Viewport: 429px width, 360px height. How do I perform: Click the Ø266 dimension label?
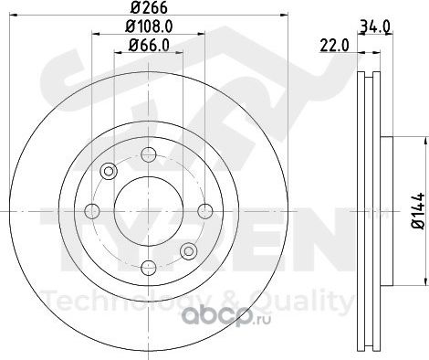[149, 7]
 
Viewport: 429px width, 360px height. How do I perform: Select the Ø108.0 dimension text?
[149, 26]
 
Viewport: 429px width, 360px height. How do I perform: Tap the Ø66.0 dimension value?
[149, 46]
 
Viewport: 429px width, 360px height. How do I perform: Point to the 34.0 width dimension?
[374, 27]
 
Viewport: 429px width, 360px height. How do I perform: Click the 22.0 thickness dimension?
[335, 46]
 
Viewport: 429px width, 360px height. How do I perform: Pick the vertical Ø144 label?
[418, 210]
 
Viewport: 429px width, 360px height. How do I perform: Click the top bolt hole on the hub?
[149, 154]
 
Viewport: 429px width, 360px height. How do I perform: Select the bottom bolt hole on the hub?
[149, 268]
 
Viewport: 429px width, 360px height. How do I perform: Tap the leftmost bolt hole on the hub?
[92, 211]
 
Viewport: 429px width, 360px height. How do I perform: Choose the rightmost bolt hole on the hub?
[205, 211]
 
